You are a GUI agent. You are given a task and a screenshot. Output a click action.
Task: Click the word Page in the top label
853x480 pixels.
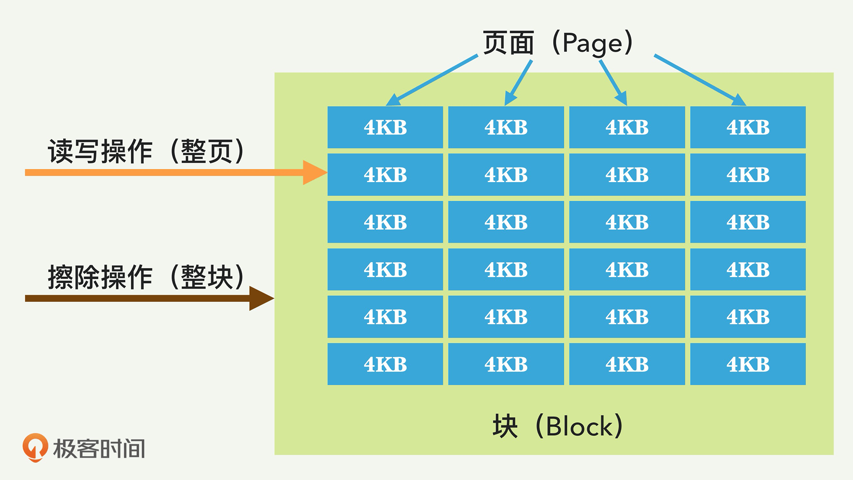click(592, 43)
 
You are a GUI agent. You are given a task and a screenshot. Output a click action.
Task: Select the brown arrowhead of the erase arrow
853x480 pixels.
click(261, 298)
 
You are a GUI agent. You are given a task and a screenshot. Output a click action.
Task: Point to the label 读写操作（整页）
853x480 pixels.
click(145, 151)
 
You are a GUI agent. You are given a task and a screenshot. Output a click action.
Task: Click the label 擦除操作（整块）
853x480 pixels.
click(145, 277)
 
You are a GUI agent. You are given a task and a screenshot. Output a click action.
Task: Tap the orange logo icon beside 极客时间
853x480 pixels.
click(35, 447)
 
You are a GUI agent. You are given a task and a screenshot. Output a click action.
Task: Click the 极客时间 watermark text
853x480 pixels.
click(99, 448)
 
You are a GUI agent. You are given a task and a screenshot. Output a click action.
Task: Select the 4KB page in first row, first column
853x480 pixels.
click(385, 127)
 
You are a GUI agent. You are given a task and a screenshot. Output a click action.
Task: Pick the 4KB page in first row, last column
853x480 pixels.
click(748, 127)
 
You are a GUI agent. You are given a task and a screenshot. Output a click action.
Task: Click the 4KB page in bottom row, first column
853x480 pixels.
click(385, 364)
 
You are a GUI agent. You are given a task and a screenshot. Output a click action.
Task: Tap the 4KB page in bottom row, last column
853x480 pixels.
click(748, 364)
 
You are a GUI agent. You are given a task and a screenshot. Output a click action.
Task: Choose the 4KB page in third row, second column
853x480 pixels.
click(506, 222)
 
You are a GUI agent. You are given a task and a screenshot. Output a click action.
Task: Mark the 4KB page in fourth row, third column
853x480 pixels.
click(627, 270)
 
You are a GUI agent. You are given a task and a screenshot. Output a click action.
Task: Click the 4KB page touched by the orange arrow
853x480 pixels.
click(385, 175)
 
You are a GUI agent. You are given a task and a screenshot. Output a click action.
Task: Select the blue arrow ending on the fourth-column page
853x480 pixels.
click(699, 80)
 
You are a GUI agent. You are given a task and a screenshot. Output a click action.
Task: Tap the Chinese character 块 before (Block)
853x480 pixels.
click(505, 426)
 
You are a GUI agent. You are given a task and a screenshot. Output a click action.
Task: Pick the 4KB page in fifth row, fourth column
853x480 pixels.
click(748, 317)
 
